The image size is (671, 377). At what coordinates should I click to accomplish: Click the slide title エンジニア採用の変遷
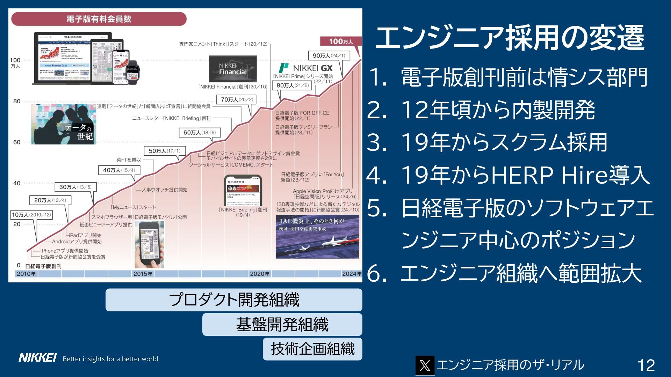pos(510,37)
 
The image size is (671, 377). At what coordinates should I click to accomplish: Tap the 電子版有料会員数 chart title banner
pos(99,19)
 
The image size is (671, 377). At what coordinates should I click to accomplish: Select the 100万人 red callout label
pos(341,41)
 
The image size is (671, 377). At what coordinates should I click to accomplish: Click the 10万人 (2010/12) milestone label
pos(31,215)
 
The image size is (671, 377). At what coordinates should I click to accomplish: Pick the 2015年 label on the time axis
pos(143,274)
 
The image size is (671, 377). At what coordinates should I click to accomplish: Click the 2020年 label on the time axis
pos(260,274)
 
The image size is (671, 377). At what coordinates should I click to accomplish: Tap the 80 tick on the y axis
pos(17,101)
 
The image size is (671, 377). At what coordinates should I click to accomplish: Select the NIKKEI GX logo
pos(306,68)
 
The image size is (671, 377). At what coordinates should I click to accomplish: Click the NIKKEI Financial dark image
pos(233,69)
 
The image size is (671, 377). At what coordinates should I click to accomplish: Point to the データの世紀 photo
pos(63,124)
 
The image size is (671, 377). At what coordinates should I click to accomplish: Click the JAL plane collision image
pos(317,236)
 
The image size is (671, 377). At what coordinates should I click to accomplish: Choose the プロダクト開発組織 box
pos(234,300)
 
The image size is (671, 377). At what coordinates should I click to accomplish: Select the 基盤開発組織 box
pos(282,324)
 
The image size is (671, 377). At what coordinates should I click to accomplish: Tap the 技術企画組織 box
pos(312,349)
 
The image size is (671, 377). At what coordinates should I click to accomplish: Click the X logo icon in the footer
pos(425,365)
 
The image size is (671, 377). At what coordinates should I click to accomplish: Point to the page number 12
pos(646,365)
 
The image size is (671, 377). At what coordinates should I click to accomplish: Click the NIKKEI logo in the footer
pos(37,358)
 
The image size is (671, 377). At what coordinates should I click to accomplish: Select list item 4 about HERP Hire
pos(508,175)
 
